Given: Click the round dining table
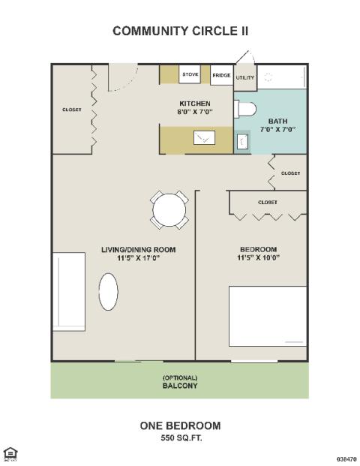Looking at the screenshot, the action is (x=169, y=210).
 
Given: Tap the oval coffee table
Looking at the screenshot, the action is (x=109, y=292).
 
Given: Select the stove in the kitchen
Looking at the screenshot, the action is (x=190, y=74).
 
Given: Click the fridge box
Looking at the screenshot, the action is (x=221, y=75).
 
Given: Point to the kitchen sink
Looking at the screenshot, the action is (x=204, y=137).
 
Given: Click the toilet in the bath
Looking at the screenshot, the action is (x=245, y=109).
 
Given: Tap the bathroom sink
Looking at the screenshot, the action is (x=242, y=141).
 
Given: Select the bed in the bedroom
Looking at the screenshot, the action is (x=268, y=316).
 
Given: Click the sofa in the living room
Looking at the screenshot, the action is (x=69, y=292).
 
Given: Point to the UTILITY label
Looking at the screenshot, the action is (x=245, y=77).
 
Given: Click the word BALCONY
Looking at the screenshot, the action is (x=180, y=386).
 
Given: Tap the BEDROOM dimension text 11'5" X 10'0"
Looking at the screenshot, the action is (x=259, y=257).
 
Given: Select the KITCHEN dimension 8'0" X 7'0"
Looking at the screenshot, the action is (x=195, y=112).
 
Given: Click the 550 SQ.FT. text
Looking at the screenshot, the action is (x=181, y=437).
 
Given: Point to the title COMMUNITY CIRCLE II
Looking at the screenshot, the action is (x=181, y=31).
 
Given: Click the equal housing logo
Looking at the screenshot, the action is (x=10, y=454).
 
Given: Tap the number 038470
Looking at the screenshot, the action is (x=346, y=459).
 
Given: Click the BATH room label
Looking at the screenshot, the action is (x=278, y=122).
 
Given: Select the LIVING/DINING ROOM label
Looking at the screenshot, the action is (x=139, y=250).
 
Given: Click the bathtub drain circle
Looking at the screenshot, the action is (x=268, y=78).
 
